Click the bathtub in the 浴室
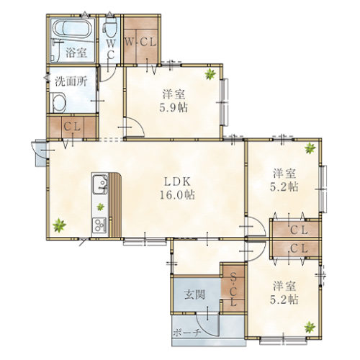[72, 29]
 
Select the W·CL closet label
[140, 42]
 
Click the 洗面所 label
[71, 82]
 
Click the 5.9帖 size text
[174, 108]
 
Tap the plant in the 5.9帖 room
[210, 74]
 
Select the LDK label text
[177, 182]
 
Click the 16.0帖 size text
[177, 195]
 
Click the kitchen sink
[100, 184]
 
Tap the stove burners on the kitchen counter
[99, 225]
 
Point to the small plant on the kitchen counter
[100, 207]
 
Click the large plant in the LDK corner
[59, 225]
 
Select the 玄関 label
[195, 294]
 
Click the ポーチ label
[186, 333]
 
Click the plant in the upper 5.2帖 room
[310, 148]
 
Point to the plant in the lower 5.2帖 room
[310, 328]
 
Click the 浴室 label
[76, 53]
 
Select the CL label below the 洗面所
[72, 127]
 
